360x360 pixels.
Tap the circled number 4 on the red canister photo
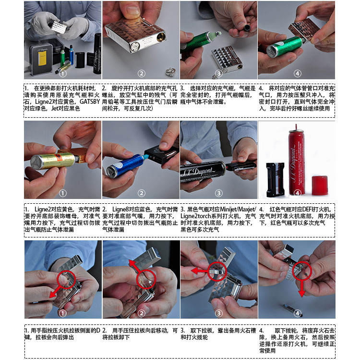pos(297,193)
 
